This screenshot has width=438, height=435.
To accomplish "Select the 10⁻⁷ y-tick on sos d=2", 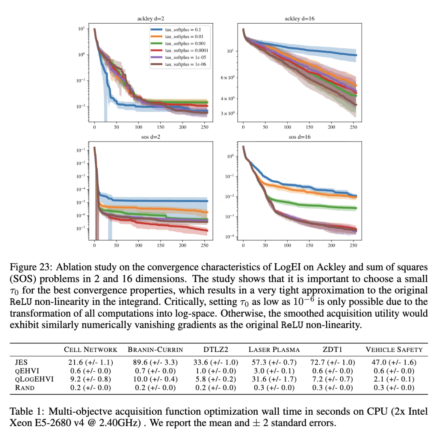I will pyautogui.click(x=81, y=229).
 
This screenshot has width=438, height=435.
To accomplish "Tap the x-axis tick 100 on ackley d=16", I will pyautogui.click(x=288, y=127).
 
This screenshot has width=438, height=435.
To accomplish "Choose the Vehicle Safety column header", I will pyautogui.click(x=394, y=349).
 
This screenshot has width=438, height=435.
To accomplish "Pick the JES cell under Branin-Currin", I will pyautogui.click(x=156, y=362).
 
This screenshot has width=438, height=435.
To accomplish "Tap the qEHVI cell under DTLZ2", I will pyautogui.click(x=215, y=371).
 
